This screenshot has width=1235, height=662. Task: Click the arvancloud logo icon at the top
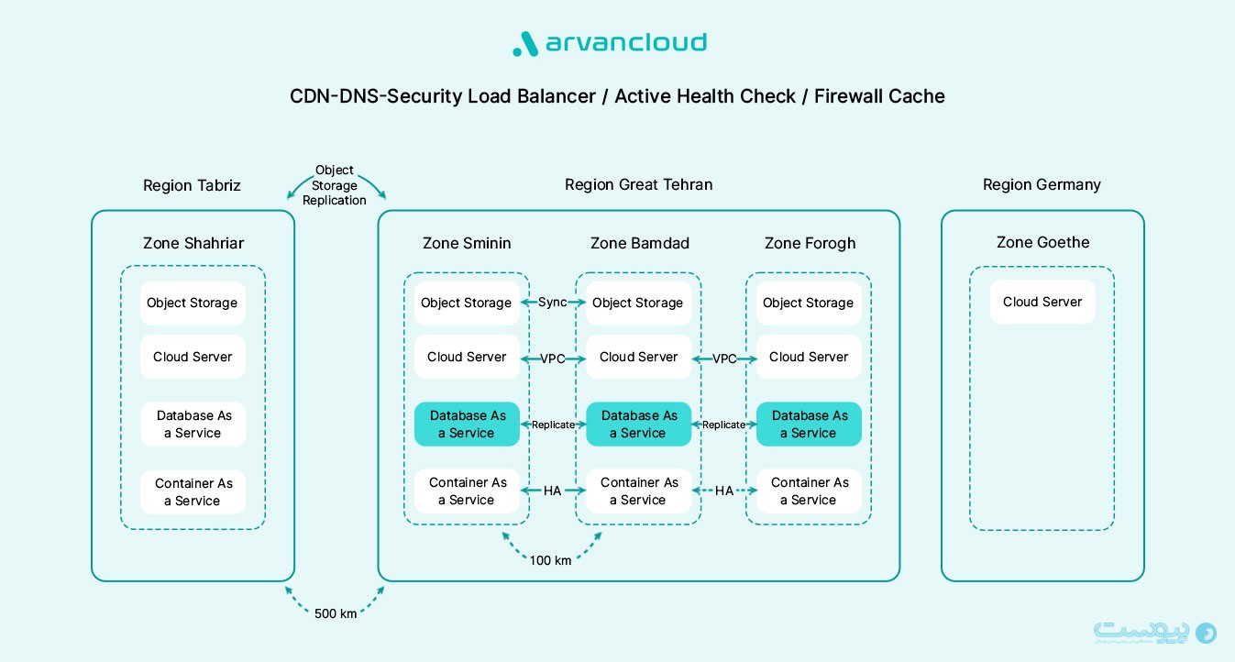tap(524, 44)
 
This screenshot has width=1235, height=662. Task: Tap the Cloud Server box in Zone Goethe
tap(1042, 302)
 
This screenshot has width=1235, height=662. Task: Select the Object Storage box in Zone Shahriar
tap(193, 303)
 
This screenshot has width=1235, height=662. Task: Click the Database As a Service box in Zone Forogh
tap(809, 425)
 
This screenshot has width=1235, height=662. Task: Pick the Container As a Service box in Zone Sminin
tap(467, 491)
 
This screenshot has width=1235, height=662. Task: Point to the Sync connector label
tap(553, 303)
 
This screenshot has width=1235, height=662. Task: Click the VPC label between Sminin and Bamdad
tap(553, 359)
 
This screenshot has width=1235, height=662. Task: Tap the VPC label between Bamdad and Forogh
tap(724, 359)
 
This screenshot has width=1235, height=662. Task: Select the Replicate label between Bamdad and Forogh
tap(724, 425)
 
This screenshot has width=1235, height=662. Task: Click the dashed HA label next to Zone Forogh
tap(724, 491)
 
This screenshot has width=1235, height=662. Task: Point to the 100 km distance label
tap(550, 560)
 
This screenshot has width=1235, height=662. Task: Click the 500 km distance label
tap(335, 613)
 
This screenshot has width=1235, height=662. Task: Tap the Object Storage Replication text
tap(335, 185)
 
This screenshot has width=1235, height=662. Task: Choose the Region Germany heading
tap(1042, 184)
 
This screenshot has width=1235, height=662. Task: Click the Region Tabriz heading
tap(192, 185)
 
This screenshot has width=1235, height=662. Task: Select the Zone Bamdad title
tap(639, 243)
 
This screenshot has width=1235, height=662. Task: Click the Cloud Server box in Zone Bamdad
tap(638, 357)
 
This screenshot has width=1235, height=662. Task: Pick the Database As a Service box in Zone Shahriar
tap(193, 425)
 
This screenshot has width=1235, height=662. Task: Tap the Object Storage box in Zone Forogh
tap(809, 303)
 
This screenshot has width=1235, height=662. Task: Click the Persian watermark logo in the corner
tap(1154, 633)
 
